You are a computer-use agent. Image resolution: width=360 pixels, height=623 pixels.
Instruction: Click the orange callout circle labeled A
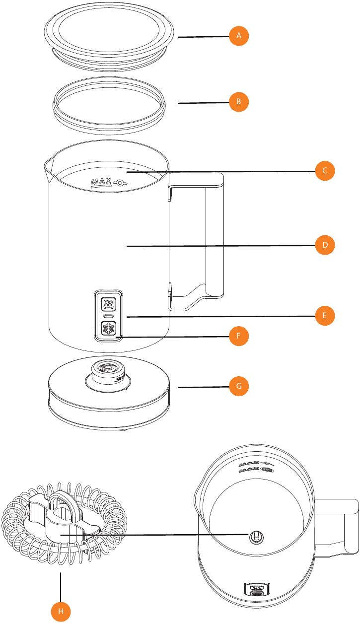pyautogui.click(x=239, y=36)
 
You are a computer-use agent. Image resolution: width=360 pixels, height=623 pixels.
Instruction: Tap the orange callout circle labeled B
pyautogui.click(x=239, y=102)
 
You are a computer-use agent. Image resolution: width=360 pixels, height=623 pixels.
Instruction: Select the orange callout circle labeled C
pyautogui.click(x=325, y=171)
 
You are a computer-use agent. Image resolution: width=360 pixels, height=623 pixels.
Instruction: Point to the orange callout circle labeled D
pyautogui.click(x=325, y=245)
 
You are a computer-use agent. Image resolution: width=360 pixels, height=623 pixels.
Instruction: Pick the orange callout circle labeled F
pyautogui.click(x=239, y=336)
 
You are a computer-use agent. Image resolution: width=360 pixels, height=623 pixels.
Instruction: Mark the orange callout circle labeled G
pyautogui.click(x=239, y=385)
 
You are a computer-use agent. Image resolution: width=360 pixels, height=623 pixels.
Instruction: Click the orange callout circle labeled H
pyautogui.click(x=61, y=612)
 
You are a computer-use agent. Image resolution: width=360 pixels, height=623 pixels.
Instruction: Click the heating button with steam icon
pyautogui.click(x=108, y=304)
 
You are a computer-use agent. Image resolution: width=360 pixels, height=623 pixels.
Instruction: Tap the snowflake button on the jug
pyautogui.click(x=108, y=329)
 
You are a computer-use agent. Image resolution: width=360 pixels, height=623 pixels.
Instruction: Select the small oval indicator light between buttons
pyautogui.click(x=108, y=316)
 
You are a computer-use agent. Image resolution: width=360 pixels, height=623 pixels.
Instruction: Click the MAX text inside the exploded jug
pyautogui.click(x=102, y=183)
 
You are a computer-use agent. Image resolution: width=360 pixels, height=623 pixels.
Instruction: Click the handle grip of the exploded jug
pyautogui.click(x=214, y=233)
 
